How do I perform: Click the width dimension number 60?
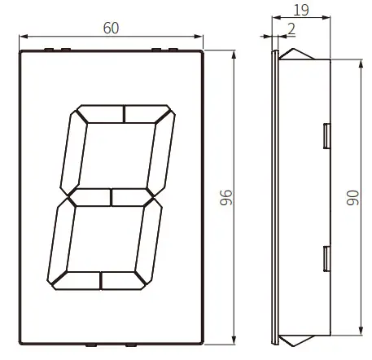(111, 27)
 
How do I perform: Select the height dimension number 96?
(227, 197)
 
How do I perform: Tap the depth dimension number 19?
(301, 11)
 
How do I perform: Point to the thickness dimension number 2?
(291, 28)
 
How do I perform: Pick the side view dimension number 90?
(353, 196)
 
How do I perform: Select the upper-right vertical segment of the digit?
(161, 151)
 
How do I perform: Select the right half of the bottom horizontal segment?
(125, 281)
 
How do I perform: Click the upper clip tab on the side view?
(326, 135)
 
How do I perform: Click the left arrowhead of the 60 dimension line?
(21, 37)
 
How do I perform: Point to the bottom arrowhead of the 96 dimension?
(234, 340)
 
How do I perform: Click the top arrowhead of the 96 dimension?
(234, 54)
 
